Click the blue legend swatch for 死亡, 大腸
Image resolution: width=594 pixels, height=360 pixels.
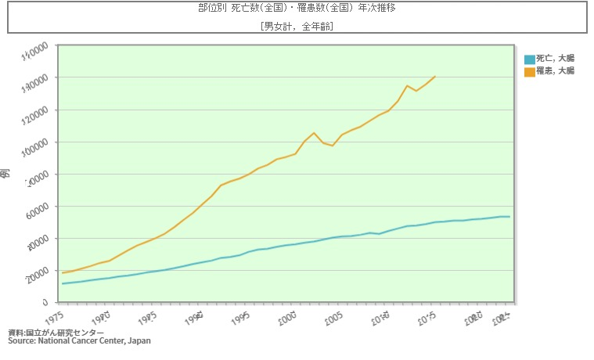click(x=530, y=59)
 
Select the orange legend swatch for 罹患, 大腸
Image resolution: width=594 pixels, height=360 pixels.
click(x=530, y=71)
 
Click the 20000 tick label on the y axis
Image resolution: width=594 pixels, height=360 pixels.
click(x=35, y=271)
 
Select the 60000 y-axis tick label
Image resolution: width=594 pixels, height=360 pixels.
click(x=35, y=207)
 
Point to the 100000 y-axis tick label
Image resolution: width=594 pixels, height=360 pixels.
click(x=34, y=142)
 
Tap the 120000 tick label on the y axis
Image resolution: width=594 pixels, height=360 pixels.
click(x=34, y=110)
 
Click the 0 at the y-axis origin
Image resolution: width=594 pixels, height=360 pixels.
click(x=45, y=303)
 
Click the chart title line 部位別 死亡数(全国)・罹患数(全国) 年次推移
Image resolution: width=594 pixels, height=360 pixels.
click(x=297, y=9)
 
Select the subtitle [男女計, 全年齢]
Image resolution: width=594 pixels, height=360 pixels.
click(x=297, y=26)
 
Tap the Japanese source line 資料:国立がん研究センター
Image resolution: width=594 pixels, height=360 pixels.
click(x=56, y=333)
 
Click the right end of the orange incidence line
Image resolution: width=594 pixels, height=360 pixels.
click(x=435, y=77)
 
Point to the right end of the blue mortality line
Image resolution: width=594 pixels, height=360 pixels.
click(x=509, y=217)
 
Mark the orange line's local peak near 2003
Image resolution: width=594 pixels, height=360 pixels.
click(x=314, y=133)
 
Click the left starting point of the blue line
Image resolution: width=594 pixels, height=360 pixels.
click(x=63, y=283)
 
